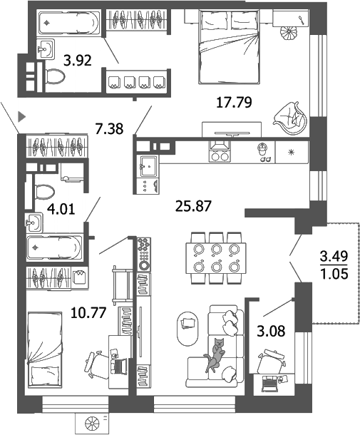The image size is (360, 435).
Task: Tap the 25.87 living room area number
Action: point(194,208)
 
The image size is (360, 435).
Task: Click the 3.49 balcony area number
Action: point(334,256)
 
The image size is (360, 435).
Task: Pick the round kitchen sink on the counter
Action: point(262,149)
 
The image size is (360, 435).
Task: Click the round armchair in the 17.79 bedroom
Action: point(292,116)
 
